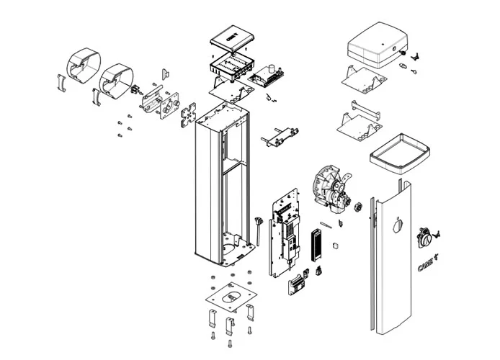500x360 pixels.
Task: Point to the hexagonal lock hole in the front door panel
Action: (395, 226)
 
